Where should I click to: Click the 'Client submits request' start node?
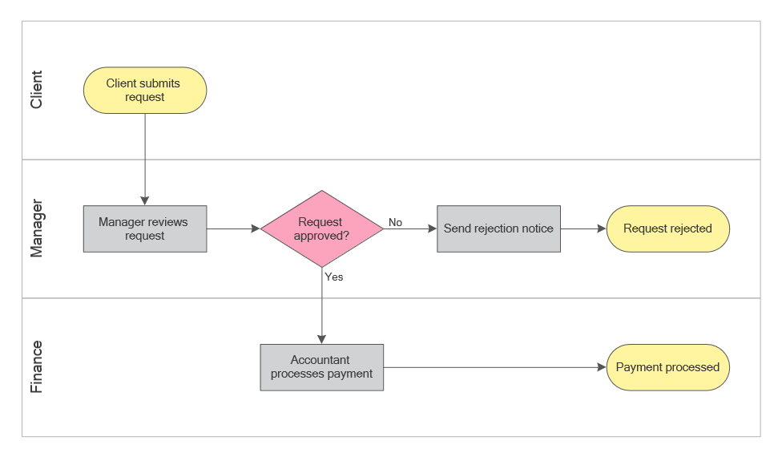[x=145, y=90]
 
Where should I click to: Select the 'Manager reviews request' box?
[x=145, y=228]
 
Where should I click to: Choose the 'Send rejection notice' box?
[x=498, y=228]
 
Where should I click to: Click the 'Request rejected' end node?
[x=667, y=228]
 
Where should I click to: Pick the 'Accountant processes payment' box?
[x=322, y=367]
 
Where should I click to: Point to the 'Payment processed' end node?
[x=667, y=367]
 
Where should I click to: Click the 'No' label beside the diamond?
[x=395, y=222]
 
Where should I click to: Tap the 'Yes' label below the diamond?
[x=334, y=277]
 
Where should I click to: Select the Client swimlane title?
[x=36, y=90]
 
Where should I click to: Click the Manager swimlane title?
[x=36, y=228]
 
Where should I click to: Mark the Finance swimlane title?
[x=36, y=367]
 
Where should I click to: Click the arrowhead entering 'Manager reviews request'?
[x=145, y=201]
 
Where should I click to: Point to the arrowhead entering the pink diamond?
[x=256, y=228]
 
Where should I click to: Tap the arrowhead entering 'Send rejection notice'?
[x=432, y=228]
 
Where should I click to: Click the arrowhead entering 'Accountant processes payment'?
[x=322, y=339]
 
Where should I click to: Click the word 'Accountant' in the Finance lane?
[x=320, y=360]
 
